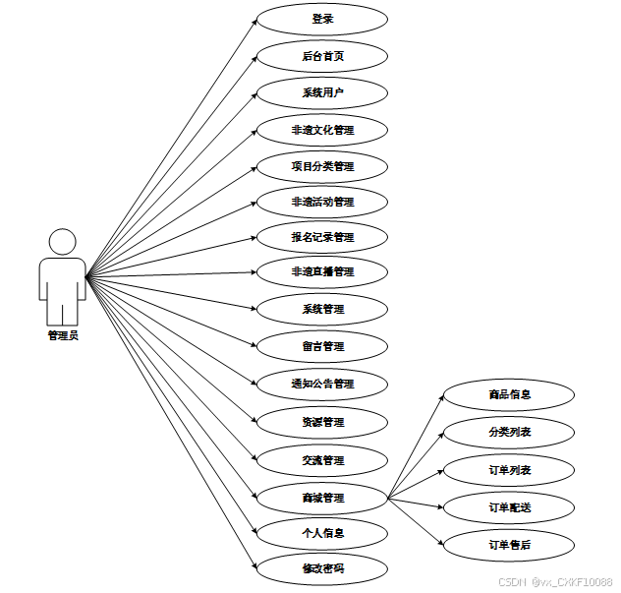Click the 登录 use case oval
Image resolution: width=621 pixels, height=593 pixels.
click(322, 19)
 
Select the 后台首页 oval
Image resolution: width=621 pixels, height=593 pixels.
click(322, 56)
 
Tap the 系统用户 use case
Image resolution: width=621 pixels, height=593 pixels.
click(322, 93)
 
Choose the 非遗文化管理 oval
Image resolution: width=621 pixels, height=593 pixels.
click(322, 130)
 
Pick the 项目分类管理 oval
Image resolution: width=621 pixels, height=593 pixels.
click(322, 166)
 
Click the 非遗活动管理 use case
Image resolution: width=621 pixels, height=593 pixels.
click(322, 202)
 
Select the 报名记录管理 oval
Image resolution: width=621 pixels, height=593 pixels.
click(322, 237)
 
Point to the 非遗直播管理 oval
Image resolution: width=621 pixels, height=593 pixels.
click(322, 271)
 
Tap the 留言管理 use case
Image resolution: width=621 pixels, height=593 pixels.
click(322, 346)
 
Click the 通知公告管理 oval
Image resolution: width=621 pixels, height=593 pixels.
click(322, 384)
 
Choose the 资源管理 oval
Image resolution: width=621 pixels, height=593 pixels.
click(322, 422)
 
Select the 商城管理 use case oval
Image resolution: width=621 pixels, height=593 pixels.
click(322, 498)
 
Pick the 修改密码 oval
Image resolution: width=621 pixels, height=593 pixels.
click(322, 569)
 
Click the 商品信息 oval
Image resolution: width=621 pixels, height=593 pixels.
click(509, 394)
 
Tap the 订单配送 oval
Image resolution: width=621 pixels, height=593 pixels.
click(509, 507)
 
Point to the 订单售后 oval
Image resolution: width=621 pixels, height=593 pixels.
click(509, 544)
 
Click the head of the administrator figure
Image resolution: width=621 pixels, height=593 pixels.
click(63, 242)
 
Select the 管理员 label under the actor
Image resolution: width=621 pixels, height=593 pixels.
click(63, 335)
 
